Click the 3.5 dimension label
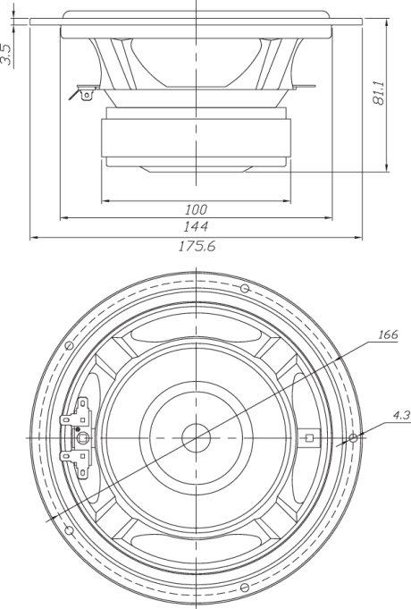tap(6, 55)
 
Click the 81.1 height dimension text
tap(379, 93)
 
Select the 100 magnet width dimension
tap(196, 210)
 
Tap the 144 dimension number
tap(197, 226)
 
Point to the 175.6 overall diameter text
tap(197, 246)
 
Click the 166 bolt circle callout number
tap(388, 334)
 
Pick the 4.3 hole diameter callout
tap(401, 415)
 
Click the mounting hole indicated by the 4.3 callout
tap(353, 438)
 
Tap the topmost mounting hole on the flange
tap(245, 288)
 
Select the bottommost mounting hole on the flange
tap(245, 588)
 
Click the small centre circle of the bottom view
tap(196, 437)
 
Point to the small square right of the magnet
tap(309, 437)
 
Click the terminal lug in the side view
tap(87, 95)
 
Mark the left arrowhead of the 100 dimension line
tap(105, 201)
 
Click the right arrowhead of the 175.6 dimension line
tap(358, 237)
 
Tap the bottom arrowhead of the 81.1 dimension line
tap(387, 167)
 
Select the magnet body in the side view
tap(196, 138)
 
